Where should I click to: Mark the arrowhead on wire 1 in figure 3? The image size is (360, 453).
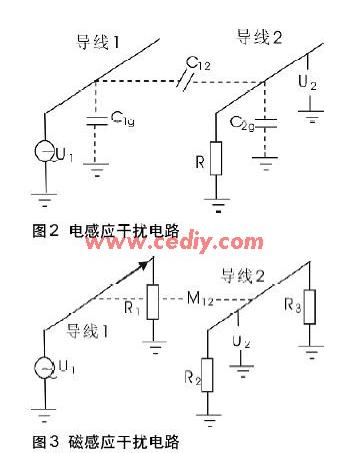click(x=147, y=263)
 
